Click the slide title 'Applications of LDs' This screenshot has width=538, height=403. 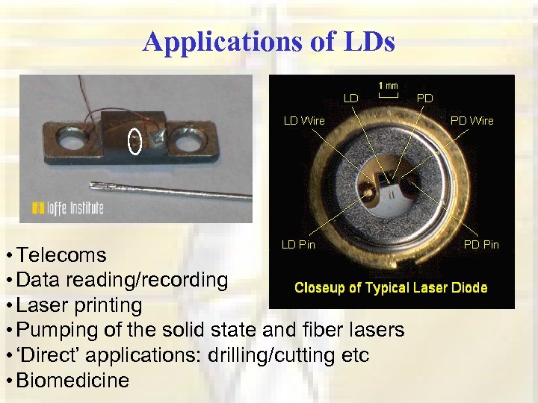tap(268, 42)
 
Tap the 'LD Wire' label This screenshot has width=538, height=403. tap(303, 120)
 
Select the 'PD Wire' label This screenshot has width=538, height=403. tap(471, 120)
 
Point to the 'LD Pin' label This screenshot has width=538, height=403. tap(298, 244)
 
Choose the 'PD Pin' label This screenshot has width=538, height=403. tap(481, 244)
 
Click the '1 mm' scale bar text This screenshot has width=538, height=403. tap(387, 85)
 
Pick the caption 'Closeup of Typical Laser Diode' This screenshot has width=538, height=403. tap(391, 287)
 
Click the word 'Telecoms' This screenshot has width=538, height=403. tap(61, 255)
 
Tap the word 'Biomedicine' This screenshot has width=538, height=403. tap(72, 381)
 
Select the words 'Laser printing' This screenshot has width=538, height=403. tap(79, 305)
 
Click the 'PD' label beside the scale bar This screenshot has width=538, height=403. tap(424, 98)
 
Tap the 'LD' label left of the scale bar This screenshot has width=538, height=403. tap(351, 98)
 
